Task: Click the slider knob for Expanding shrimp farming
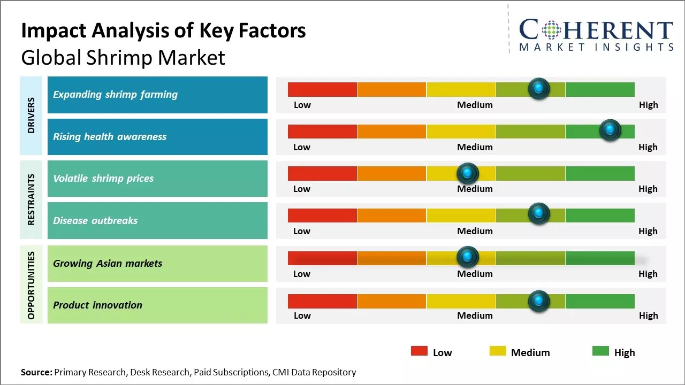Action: [x=539, y=88]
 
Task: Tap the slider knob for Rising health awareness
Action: [x=610, y=130]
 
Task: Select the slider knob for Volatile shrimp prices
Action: [x=468, y=173]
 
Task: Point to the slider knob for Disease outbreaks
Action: [x=539, y=214]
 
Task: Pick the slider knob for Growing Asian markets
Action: [x=468, y=257]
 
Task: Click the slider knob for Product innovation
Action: [x=539, y=301]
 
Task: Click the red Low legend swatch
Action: [x=419, y=351]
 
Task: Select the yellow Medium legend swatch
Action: [x=498, y=351]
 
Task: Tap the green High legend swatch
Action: [x=600, y=351]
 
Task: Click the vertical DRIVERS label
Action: [x=32, y=115]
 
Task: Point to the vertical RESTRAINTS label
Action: [x=32, y=199]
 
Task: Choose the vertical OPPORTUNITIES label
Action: [x=32, y=284]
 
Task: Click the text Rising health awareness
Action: [x=110, y=137]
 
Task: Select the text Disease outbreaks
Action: [x=95, y=221]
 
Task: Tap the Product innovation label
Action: [x=98, y=305]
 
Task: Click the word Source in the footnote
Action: [x=36, y=372]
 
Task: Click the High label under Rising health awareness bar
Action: [x=648, y=147]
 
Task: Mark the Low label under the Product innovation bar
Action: [x=302, y=315]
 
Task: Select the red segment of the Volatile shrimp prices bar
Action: [x=322, y=173]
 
